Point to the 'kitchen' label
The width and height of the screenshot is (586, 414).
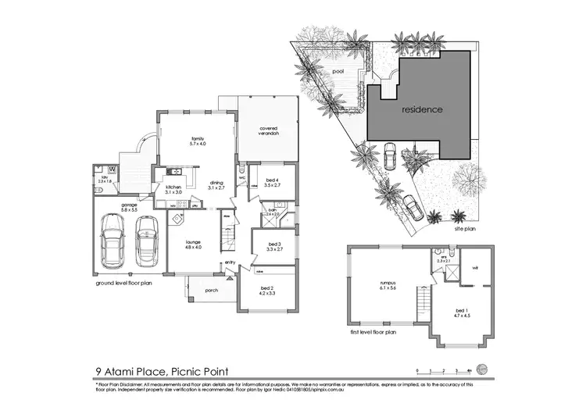coord(173,189)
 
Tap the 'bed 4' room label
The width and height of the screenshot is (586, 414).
coord(272,182)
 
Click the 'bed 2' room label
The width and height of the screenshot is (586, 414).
coord(268,291)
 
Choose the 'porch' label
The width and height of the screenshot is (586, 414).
coord(211,290)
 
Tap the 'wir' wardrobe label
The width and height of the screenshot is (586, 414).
coord(474,267)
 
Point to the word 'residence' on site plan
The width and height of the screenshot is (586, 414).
coord(423,109)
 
